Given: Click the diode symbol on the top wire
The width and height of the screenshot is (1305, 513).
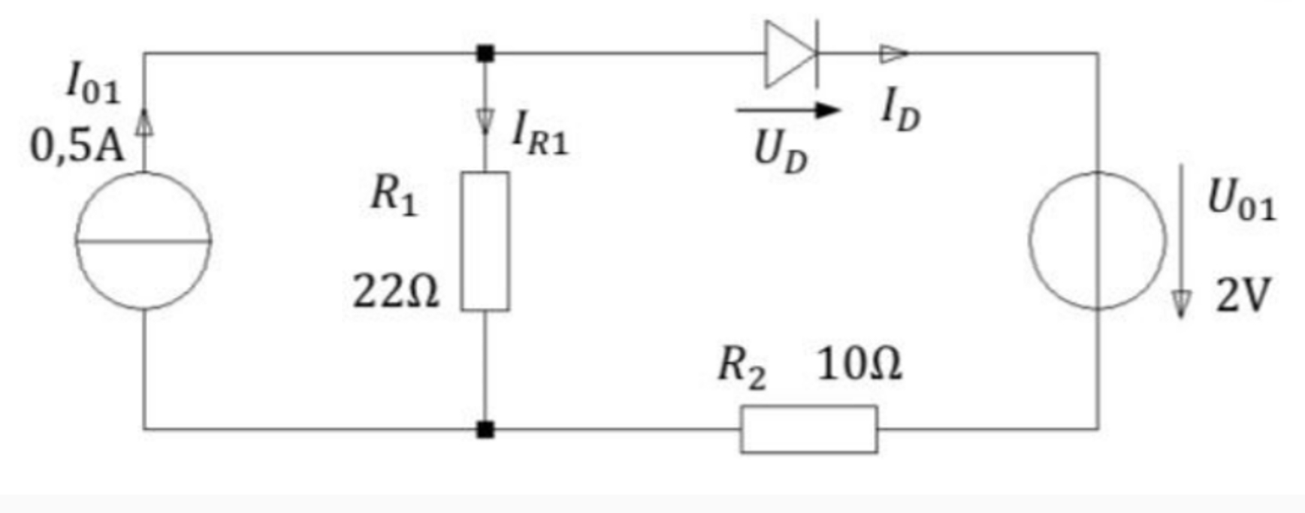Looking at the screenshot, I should click(790, 54).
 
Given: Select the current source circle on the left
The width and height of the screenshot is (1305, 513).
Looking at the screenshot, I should click(143, 240).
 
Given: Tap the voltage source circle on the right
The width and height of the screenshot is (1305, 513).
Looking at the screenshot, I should click(1098, 240).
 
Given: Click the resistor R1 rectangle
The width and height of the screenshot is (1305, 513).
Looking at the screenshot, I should click(485, 241).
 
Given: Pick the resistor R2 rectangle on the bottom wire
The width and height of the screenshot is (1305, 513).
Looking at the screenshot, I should click(808, 430).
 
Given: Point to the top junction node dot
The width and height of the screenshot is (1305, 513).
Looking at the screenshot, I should click(485, 53).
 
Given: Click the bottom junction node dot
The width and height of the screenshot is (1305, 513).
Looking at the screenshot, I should click(485, 430).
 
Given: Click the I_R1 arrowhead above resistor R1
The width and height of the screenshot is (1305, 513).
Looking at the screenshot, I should click(485, 120).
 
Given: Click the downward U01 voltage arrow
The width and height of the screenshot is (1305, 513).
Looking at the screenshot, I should click(1181, 240).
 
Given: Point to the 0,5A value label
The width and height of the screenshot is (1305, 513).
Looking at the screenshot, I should click(76, 145).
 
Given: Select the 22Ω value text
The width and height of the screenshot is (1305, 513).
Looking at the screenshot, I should click(395, 291).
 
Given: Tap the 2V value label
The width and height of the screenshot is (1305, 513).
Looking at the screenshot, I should click(1243, 294).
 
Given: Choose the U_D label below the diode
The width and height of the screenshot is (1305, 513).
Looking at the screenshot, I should click(781, 153).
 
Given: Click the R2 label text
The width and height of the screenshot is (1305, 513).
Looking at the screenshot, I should click(742, 367).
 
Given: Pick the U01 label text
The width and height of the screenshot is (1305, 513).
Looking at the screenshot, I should click(1241, 201).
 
